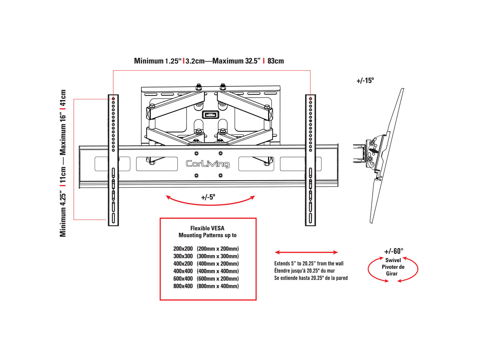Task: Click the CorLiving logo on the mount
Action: (x=207, y=164)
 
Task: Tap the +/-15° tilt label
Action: (x=365, y=80)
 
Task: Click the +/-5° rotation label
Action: (x=208, y=197)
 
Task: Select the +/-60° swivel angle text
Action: (x=394, y=251)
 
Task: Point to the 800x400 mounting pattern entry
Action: (x=183, y=286)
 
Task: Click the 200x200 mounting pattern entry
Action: (x=183, y=249)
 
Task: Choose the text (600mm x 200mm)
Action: (x=218, y=279)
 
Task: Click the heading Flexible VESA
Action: (x=207, y=228)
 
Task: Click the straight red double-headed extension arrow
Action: (x=306, y=252)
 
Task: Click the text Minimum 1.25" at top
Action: (x=158, y=61)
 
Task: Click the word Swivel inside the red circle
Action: (x=393, y=260)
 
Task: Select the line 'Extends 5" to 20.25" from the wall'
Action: (x=309, y=263)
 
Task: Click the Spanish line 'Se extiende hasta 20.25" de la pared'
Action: (x=311, y=278)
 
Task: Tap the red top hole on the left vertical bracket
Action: (x=113, y=99)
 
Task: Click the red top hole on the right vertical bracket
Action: (x=311, y=99)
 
